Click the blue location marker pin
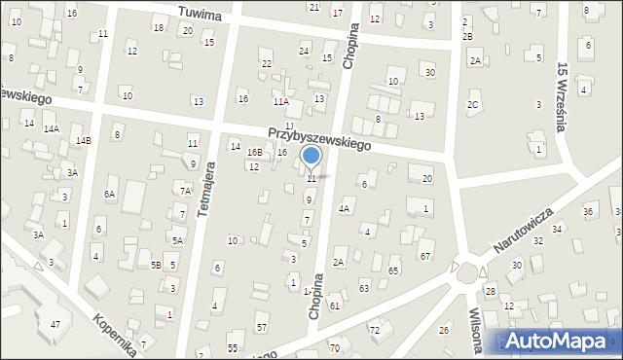311,157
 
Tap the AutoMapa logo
559,341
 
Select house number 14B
83,141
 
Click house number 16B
254,153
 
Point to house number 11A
281,101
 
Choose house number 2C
473,104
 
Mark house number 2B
467,36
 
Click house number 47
55,323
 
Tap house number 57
261,326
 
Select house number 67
424,255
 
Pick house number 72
374,331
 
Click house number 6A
110,195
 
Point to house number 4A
344,208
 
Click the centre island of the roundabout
468,270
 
